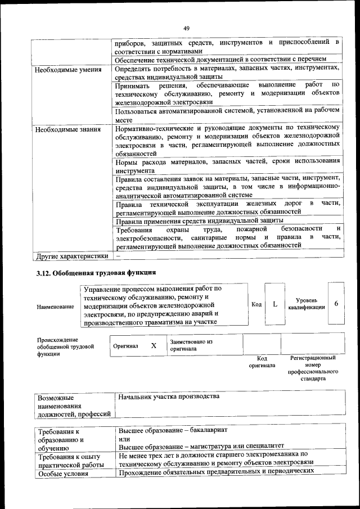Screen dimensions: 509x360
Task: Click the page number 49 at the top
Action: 186,28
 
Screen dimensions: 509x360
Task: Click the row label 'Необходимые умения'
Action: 68,71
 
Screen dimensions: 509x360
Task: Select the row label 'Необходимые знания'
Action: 67,130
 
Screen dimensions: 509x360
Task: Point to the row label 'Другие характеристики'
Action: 71,256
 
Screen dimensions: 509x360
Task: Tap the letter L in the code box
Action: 274,304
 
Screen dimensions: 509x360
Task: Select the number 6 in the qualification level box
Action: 336,304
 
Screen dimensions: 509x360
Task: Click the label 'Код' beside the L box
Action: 256,304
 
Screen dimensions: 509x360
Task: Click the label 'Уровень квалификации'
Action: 307,304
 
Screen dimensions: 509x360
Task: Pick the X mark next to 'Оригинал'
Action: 153,345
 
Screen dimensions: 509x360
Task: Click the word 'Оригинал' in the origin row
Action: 125,346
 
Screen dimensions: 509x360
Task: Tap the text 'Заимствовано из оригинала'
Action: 191,345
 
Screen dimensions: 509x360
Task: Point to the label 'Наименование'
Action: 55,307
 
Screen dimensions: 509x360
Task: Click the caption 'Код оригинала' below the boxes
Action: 262,362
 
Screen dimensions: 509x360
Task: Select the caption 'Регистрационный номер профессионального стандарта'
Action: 313,368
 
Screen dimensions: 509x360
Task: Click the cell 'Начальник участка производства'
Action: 169,397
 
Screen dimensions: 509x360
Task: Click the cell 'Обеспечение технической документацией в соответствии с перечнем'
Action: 220,59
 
